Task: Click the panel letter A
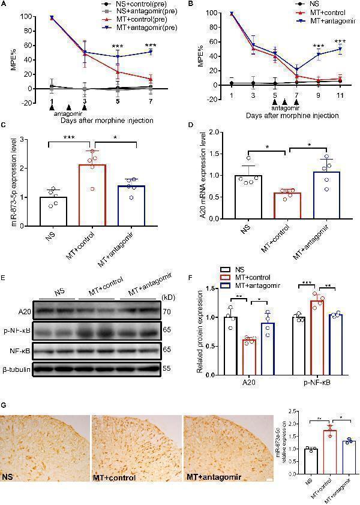click(x=5, y=5)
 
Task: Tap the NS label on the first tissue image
click(x=8, y=477)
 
